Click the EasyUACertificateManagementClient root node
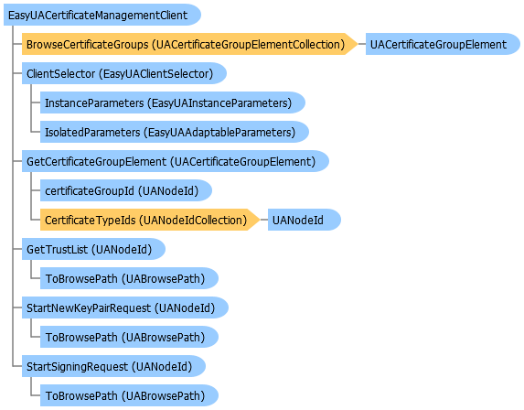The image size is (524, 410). click(102, 15)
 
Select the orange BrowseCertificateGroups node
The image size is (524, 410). click(189, 44)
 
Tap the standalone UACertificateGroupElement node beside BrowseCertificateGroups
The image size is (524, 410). click(443, 44)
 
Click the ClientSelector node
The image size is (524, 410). click(124, 73)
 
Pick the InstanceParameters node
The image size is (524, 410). click(173, 102)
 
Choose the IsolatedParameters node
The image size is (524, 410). click(175, 132)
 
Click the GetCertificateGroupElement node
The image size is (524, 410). click(176, 161)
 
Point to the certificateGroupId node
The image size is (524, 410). click(126, 190)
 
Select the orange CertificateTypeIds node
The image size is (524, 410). click(150, 220)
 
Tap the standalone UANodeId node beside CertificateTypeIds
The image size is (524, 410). click(305, 220)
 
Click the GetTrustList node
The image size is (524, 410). click(93, 249)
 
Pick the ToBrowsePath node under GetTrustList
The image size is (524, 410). click(129, 278)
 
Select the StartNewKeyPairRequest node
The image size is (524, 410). click(125, 307)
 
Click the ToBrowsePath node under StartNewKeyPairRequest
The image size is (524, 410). click(129, 337)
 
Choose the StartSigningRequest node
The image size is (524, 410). click(113, 366)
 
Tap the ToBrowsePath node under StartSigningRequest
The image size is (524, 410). click(129, 395)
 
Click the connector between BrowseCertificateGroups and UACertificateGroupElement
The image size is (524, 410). click(362, 44)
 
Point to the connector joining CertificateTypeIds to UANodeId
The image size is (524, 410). click(264, 220)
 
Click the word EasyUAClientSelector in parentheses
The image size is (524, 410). click(156, 73)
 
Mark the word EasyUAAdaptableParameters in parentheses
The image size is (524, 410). click(219, 133)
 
